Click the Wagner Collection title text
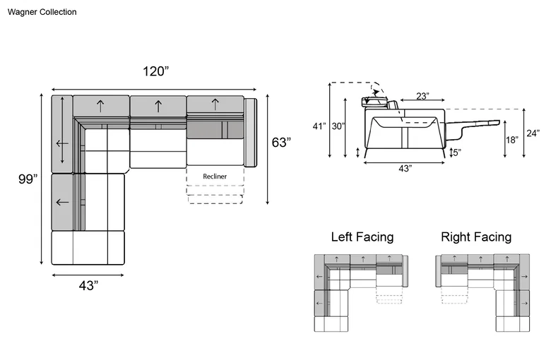pyautogui.click(x=42, y=12)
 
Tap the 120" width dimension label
pyautogui.click(x=155, y=71)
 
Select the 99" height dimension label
pyautogui.click(x=28, y=179)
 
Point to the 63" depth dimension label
pyautogui.click(x=281, y=143)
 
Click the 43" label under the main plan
pyautogui.click(x=88, y=286)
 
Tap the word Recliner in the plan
pyautogui.click(x=215, y=176)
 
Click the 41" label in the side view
pyautogui.click(x=319, y=126)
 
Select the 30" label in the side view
pyautogui.click(x=338, y=126)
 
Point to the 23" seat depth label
pyautogui.click(x=422, y=96)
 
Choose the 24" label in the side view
pyautogui.click(x=533, y=133)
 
